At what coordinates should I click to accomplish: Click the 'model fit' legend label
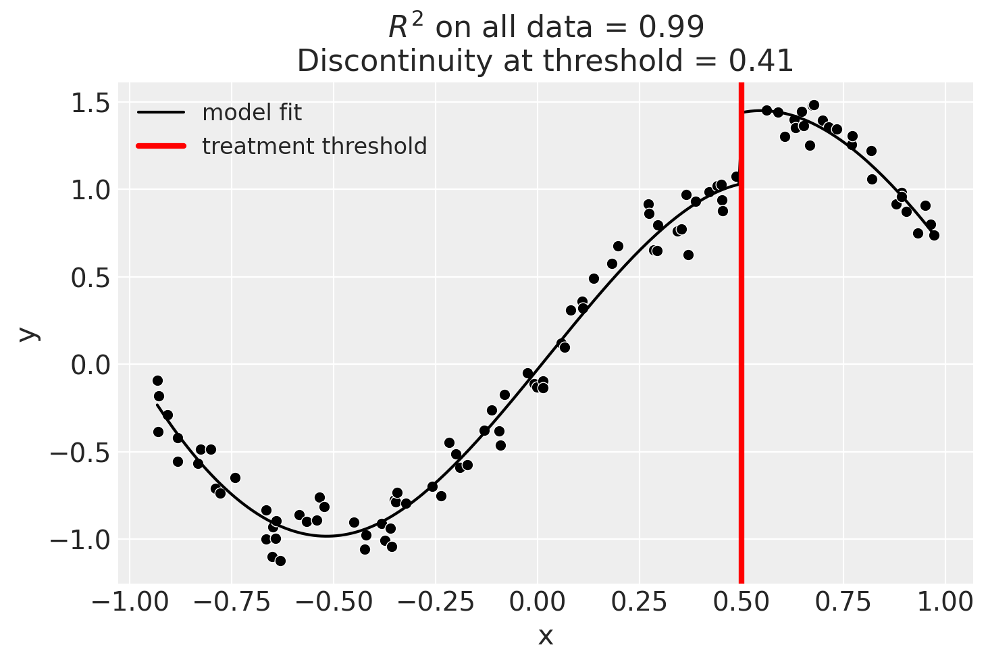click(252, 113)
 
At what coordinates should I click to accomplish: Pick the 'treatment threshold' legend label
click(314, 147)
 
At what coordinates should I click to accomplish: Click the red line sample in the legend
click(161, 147)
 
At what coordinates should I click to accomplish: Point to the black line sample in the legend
click(161, 113)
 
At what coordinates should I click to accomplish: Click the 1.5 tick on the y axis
click(90, 103)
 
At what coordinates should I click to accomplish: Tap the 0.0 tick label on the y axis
click(90, 365)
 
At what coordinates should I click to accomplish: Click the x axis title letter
click(545, 636)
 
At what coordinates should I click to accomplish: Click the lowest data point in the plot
click(280, 561)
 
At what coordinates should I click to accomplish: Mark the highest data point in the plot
click(814, 105)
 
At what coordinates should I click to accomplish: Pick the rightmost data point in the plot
click(934, 235)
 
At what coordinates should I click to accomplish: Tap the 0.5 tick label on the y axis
click(90, 278)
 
